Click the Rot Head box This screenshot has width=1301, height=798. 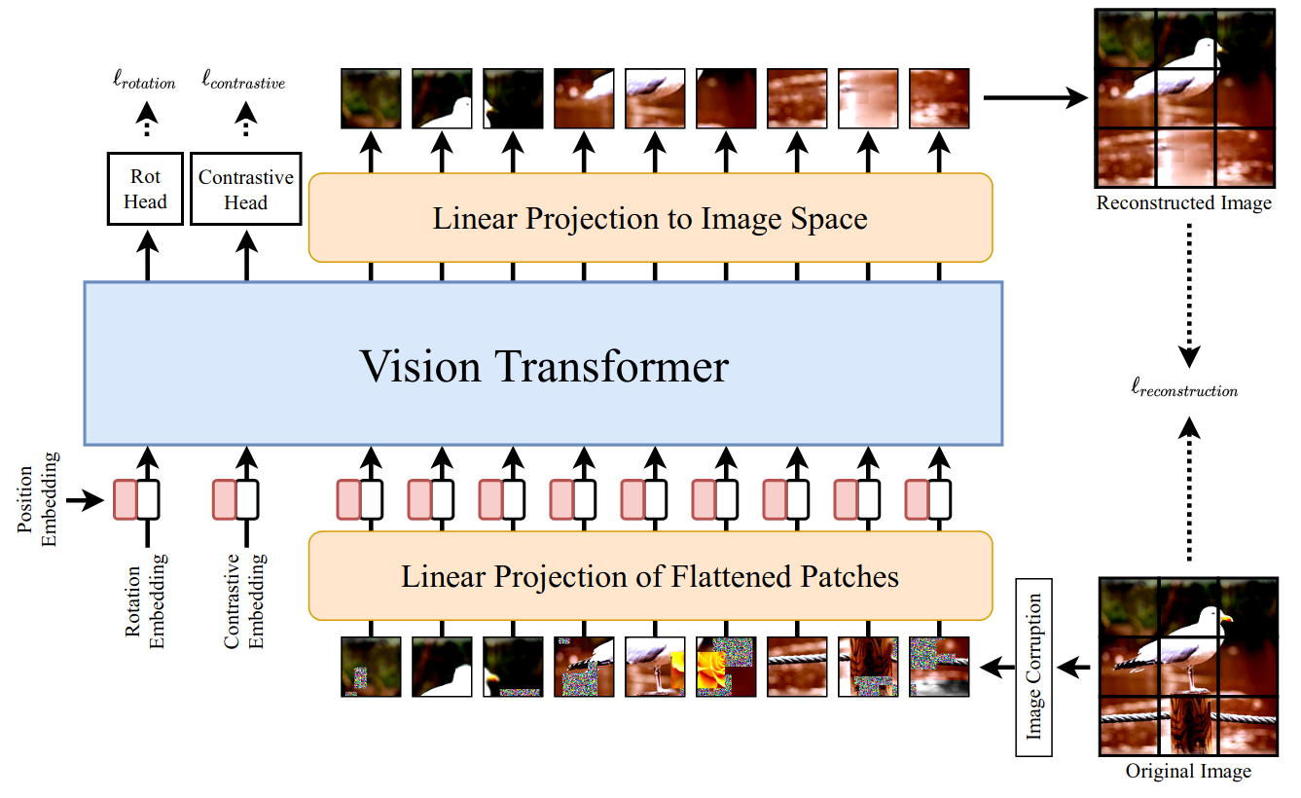[146, 189]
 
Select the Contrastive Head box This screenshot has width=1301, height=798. [245, 189]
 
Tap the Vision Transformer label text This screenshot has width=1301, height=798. [544, 366]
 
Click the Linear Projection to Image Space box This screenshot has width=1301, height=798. [650, 218]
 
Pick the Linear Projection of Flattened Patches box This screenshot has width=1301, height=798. [650, 576]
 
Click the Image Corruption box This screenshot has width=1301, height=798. [1033, 668]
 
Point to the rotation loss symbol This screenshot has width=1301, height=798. [145, 83]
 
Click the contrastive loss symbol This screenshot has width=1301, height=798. [243, 83]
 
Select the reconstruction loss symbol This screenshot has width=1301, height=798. [1183, 390]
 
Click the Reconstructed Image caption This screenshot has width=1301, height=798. [1183, 203]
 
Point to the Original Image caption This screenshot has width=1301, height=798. [1187, 772]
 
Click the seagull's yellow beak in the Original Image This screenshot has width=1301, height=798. [1225, 617]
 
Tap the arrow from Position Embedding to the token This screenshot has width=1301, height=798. [92, 500]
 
